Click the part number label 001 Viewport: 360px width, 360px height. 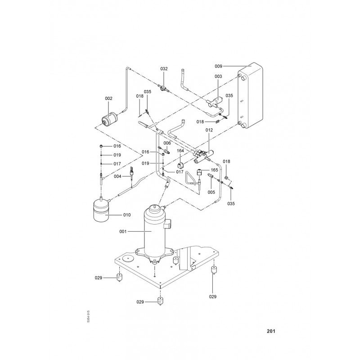123,231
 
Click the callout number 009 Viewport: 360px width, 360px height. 218,66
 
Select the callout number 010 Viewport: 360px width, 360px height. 127,215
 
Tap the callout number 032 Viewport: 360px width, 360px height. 164,69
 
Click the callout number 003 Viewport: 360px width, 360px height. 218,76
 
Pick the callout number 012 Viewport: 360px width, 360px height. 209,130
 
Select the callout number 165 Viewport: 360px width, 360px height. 214,170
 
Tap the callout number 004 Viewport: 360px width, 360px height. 117,176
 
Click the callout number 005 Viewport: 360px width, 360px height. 211,192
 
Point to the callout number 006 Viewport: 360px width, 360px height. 167,143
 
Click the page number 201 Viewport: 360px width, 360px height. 271,331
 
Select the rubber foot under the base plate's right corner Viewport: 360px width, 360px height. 214,270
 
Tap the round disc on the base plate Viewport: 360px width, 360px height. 128,258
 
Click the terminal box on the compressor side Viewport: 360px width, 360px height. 167,223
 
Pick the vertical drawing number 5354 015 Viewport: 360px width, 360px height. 89,317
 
